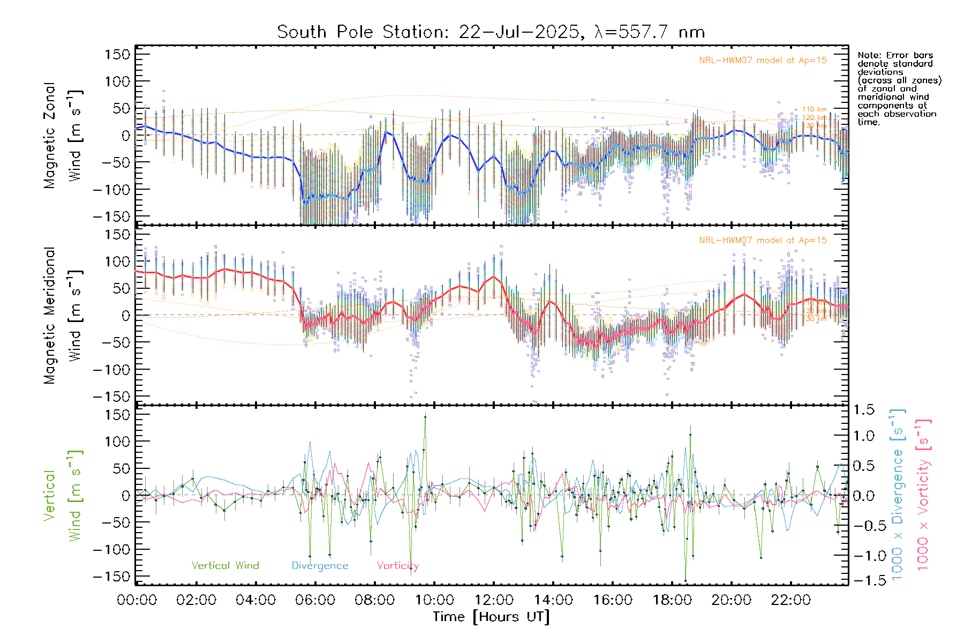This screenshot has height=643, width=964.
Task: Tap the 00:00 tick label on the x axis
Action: [137, 600]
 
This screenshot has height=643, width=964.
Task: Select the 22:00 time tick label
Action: [791, 600]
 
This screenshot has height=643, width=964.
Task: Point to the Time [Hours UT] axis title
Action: [491, 617]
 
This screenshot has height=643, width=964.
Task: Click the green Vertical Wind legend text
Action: [225, 566]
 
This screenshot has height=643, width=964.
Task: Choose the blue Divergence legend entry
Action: [320, 566]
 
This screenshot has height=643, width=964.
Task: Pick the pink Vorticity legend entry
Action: [397, 566]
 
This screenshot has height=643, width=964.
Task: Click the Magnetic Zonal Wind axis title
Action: [63, 136]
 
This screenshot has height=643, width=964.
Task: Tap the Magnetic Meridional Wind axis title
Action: [63, 315]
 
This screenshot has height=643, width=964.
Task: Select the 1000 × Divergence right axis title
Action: [898, 495]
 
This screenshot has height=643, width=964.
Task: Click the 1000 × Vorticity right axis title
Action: [923, 495]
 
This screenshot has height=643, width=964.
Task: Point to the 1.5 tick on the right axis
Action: [863, 410]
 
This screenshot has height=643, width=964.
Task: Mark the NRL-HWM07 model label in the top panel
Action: [763, 61]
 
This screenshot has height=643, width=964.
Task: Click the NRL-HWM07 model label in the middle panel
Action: [763, 241]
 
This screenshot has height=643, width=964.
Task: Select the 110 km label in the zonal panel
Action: [814, 110]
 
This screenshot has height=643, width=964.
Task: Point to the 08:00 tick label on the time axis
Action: [375, 600]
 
